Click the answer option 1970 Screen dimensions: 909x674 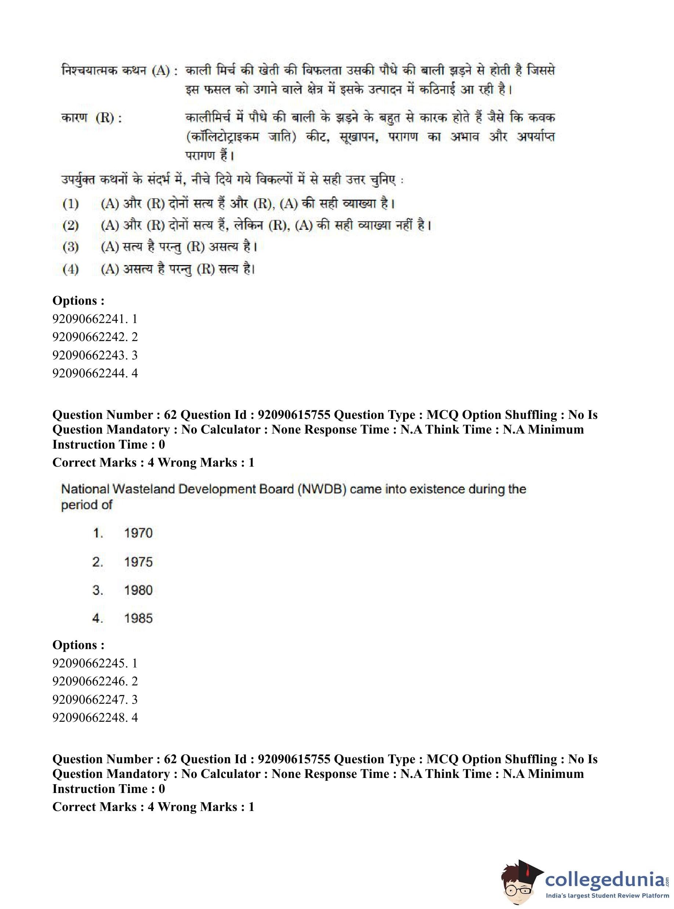(138, 533)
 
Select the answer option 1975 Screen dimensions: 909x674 (138, 562)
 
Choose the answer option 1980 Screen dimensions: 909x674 (138, 590)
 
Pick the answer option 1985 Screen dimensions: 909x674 (138, 618)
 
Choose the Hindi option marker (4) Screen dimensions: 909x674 (70, 269)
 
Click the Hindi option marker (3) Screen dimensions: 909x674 (70, 247)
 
